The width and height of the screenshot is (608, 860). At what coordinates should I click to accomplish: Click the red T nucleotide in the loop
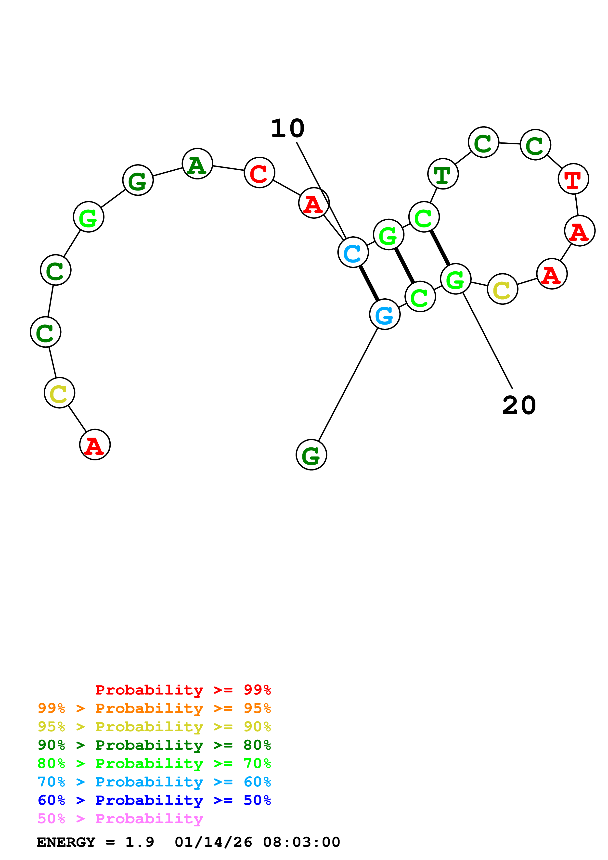[x=573, y=179]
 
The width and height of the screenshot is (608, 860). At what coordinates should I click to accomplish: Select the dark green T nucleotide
[x=443, y=174]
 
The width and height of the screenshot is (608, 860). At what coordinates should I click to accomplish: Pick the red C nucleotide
[x=259, y=172]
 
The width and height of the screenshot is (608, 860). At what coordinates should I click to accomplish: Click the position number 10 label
[x=288, y=128]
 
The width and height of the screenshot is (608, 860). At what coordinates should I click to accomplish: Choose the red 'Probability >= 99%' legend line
[x=183, y=690]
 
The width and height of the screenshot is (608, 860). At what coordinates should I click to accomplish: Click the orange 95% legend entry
[x=154, y=708]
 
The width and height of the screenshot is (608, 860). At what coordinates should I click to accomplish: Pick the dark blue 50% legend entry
[x=154, y=800]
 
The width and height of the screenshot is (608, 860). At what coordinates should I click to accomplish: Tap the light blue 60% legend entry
[x=154, y=782]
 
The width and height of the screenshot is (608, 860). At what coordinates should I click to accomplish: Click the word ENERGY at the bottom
[x=66, y=842]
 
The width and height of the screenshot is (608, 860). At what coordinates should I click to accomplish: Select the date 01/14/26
[x=213, y=842]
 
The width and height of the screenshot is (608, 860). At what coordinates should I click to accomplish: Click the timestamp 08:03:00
[x=302, y=842]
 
